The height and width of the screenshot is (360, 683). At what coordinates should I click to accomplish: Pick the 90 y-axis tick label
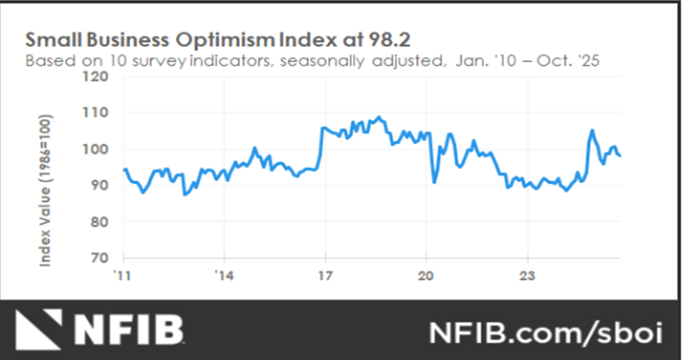99,185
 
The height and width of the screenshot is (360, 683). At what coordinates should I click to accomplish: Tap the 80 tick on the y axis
99,221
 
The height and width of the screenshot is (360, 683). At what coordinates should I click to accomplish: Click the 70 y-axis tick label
99,257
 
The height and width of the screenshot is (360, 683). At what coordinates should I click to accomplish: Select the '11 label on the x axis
122,275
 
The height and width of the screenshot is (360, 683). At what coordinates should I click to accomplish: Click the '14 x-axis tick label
223,275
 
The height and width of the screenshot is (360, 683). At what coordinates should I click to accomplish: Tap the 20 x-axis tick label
426,275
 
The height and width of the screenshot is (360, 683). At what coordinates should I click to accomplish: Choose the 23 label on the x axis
527,275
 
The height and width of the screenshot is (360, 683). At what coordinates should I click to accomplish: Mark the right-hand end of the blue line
620,156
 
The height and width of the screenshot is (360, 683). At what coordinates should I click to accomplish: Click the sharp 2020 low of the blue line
434,182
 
